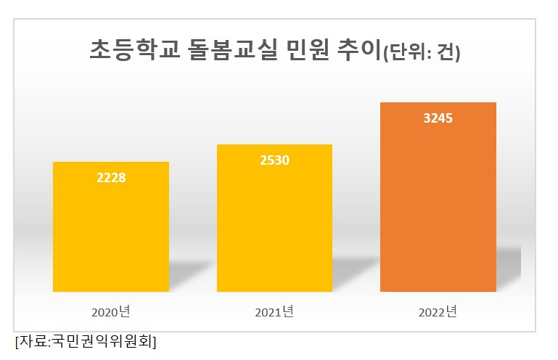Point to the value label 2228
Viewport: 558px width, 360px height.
111,177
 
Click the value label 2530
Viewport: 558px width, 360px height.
274,160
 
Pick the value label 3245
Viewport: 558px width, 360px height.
438,118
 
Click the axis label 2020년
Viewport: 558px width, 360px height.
110,313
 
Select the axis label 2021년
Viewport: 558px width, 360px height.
274,313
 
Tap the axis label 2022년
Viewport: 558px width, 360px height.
438,313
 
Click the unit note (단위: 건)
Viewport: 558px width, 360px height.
421,53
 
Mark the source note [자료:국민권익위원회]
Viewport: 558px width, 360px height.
85,341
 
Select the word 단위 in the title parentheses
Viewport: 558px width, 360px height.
405,53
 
